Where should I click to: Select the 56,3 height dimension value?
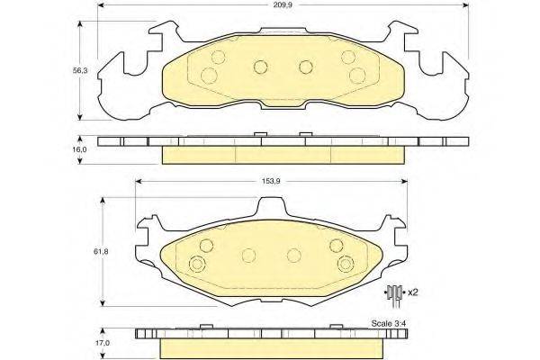click(80, 70)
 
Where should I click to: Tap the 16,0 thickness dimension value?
click(79, 149)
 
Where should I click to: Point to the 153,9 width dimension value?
click(271, 181)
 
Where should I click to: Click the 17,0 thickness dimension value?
click(103, 343)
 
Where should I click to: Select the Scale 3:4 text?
click(387, 324)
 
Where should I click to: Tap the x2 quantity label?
click(412, 292)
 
